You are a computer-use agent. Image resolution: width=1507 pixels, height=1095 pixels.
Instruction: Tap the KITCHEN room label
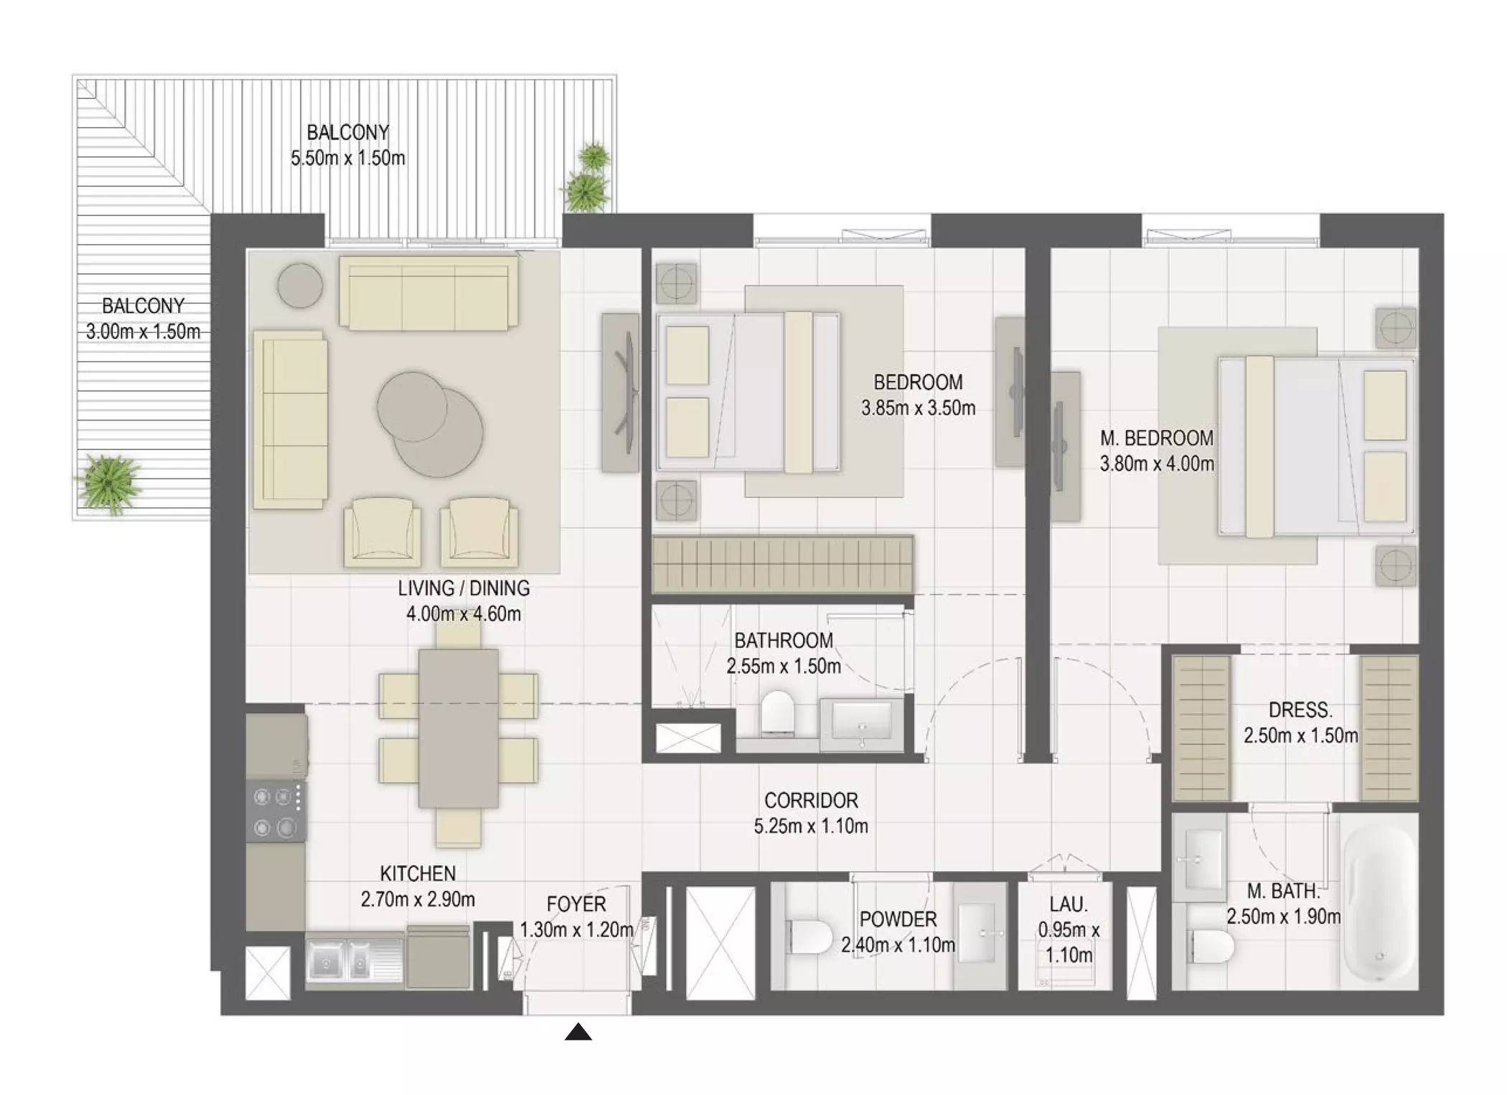(x=418, y=873)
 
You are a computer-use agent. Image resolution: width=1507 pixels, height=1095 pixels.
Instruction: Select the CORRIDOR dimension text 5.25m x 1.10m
(x=811, y=826)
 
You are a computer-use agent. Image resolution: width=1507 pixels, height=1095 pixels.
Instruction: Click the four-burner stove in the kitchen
(x=276, y=811)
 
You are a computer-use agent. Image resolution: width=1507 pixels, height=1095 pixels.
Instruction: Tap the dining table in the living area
(x=459, y=728)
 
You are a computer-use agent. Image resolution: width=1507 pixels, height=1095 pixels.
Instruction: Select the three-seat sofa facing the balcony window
(x=428, y=293)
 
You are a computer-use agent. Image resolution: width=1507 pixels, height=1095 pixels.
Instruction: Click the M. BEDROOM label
(x=1157, y=438)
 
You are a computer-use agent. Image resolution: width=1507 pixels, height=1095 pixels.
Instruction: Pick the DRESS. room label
(x=1300, y=710)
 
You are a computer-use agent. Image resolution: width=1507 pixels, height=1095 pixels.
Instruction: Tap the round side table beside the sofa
(x=300, y=285)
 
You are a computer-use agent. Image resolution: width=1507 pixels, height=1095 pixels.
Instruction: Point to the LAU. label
(x=1069, y=904)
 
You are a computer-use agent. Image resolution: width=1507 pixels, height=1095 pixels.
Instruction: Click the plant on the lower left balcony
(x=109, y=482)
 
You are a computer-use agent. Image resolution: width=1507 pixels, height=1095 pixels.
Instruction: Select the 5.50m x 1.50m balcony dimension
(x=348, y=158)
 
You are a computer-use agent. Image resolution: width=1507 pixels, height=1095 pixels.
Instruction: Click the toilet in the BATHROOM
(x=776, y=712)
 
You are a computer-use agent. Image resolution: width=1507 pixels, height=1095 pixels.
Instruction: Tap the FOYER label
(x=576, y=903)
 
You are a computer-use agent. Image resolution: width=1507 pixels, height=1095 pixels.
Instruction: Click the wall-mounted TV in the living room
(x=622, y=393)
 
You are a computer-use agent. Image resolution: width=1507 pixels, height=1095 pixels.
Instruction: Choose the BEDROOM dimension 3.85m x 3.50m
(x=919, y=408)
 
